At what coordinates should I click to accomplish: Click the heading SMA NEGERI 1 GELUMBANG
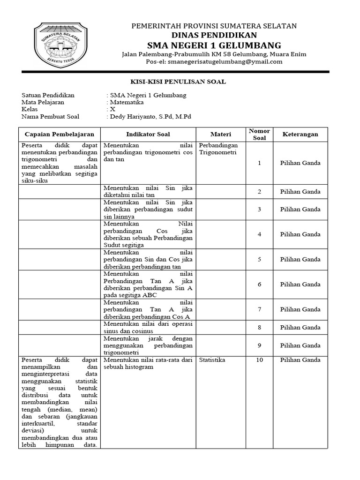tap(214, 45)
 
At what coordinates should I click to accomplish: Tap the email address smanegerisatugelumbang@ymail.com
tap(225, 61)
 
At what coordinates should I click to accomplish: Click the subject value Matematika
tap(127, 102)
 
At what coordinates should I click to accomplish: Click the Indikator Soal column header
tap(148, 134)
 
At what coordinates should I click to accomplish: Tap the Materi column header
tap(220, 134)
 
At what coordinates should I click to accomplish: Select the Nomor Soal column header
tap(259, 134)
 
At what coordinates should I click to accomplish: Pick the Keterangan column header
tap(300, 134)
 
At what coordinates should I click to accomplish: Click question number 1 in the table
tap(259, 163)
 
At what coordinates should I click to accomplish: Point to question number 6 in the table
tap(259, 285)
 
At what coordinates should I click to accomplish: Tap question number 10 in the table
tap(259, 360)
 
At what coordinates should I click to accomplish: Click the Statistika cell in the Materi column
tap(212, 360)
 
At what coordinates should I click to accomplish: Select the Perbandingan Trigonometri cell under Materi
tap(218, 149)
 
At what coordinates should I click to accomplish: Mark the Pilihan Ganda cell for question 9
tap(300, 345)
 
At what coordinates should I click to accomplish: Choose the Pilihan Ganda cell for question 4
tap(300, 234)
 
